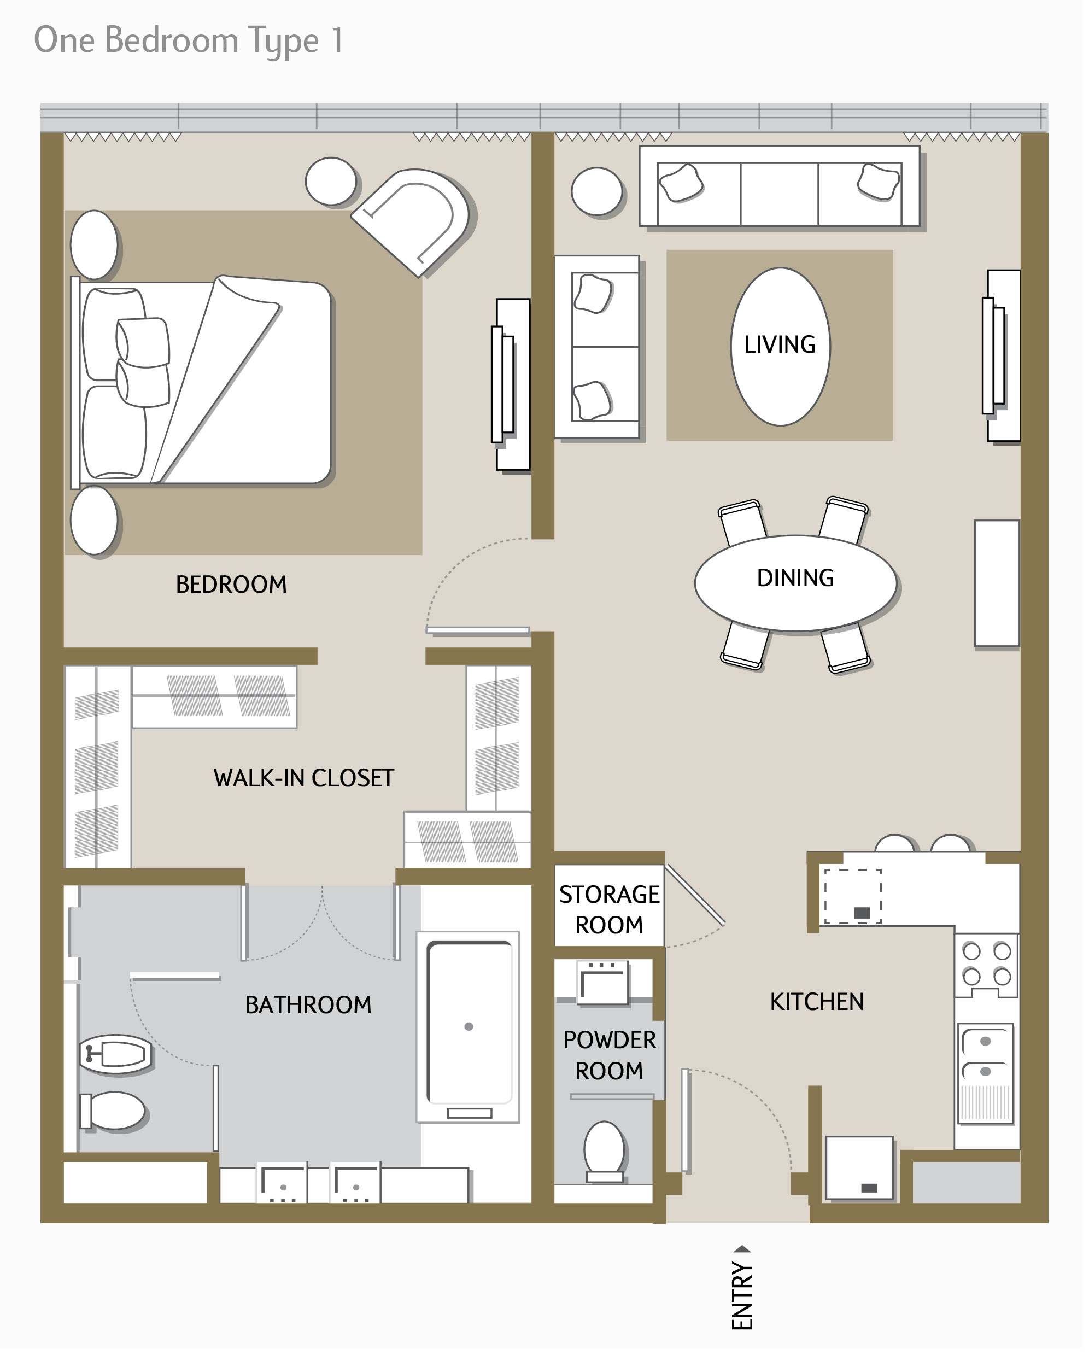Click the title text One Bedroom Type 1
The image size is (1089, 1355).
tap(189, 41)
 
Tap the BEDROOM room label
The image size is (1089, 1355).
tap(231, 585)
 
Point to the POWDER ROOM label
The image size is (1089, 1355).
tap(610, 1056)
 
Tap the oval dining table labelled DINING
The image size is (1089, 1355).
tap(795, 584)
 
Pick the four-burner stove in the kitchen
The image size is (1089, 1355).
tap(987, 964)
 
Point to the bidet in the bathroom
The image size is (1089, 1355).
tap(116, 1054)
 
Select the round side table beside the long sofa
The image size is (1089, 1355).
tap(598, 192)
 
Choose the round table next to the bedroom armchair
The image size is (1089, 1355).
tap(331, 182)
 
